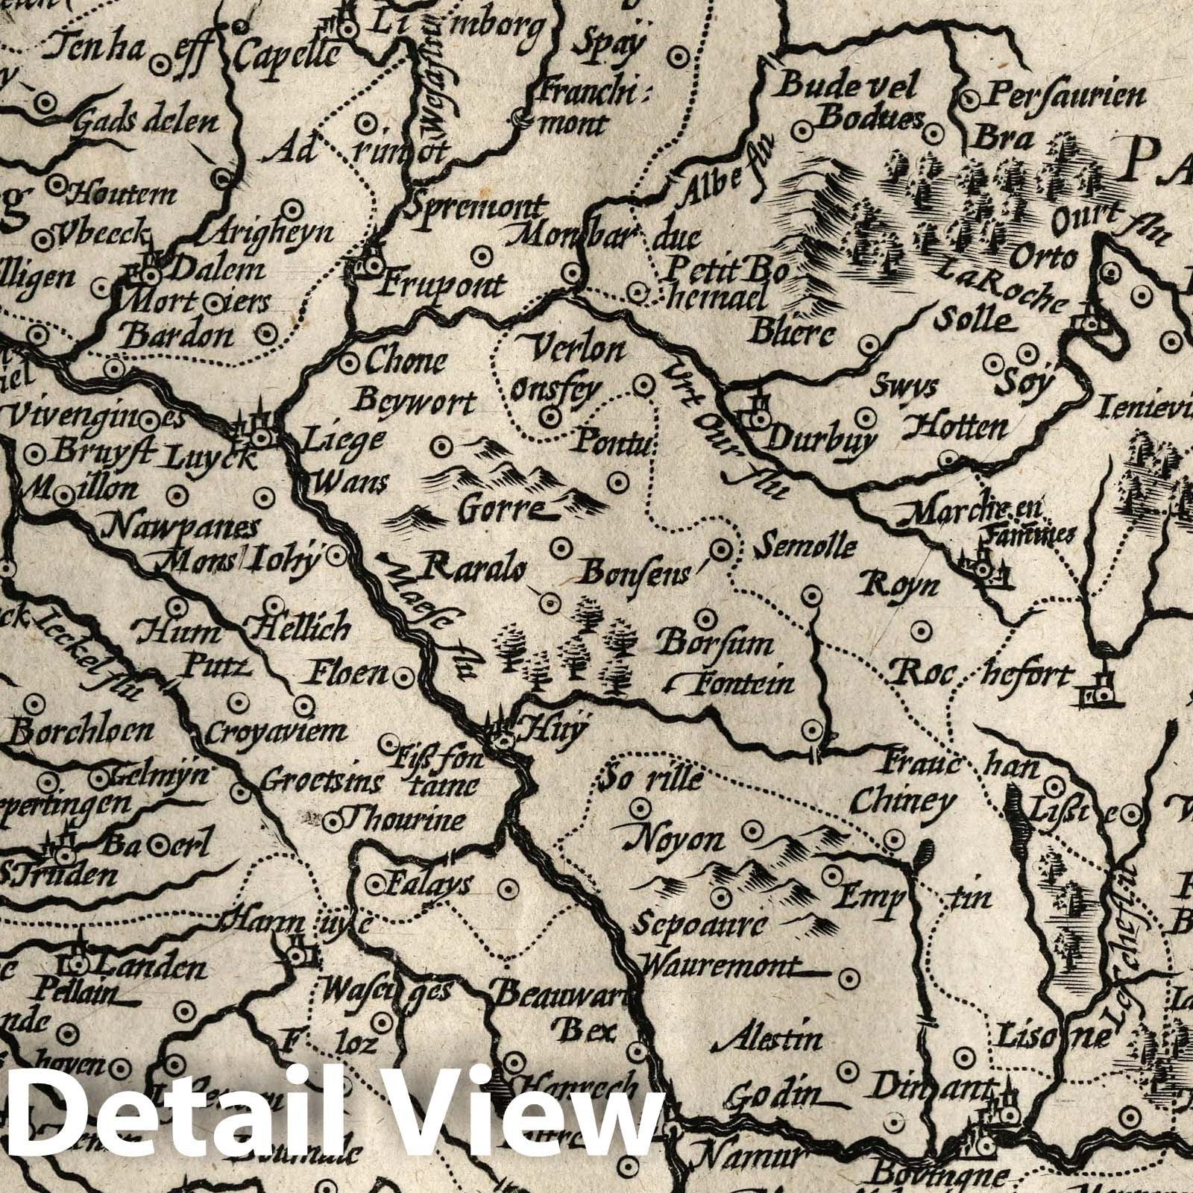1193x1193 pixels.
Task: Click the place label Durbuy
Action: [x=819, y=441]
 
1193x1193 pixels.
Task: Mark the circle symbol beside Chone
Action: [x=347, y=363]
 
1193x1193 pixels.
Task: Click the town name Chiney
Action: [x=902, y=802]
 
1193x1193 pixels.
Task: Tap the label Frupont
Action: [x=445, y=284]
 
